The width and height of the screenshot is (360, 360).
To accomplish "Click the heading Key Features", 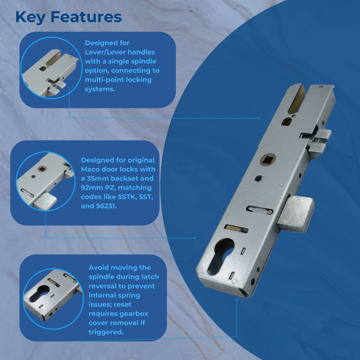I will pos(68,17).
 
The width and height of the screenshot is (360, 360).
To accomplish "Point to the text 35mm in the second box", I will pos(98,178).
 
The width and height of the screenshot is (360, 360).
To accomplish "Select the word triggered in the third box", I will pos(106,332).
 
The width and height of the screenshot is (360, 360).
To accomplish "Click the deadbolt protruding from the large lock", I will pos(295,211).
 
